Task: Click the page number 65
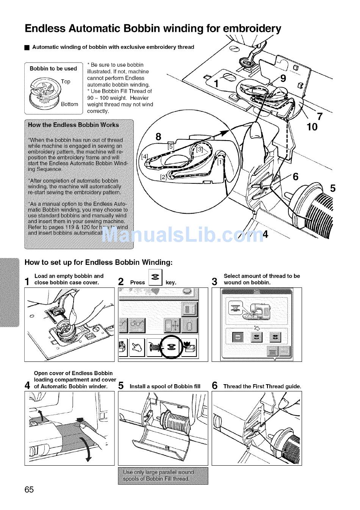(29, 490)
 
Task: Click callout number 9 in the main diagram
(283, 78)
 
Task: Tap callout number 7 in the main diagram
(319, 116)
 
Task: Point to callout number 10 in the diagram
(312, 127)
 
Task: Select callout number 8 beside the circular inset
(158, 136)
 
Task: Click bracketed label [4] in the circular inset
(144, 156)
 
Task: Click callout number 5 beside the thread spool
(332, 188)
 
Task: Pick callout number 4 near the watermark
(265, 235)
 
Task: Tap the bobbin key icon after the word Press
(155, 277)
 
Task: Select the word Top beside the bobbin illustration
(66, 81)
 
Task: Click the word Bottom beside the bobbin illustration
(69, 104)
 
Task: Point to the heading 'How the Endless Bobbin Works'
(74, 125)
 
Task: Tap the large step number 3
(214, 282)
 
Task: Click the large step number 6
(214, 386)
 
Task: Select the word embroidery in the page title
(252, 29)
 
